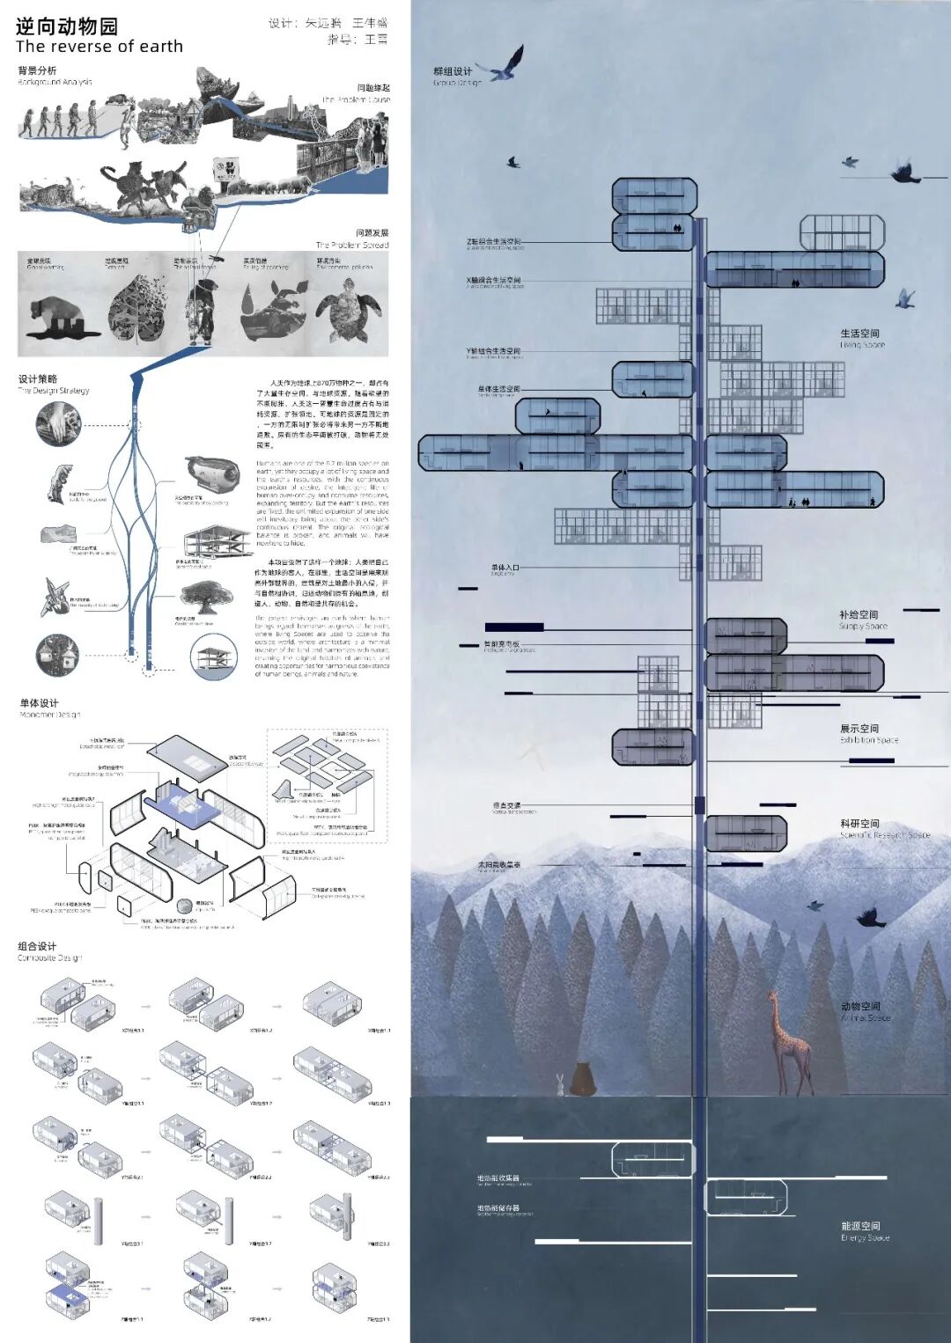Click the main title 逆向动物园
[67, 26]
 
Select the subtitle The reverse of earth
[100, 47]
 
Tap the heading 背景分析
[37, 70]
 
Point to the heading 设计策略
[38, 379]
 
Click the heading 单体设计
[40, 703]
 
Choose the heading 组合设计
[37, 946]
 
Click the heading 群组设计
[453, 71]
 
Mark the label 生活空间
[859, 334]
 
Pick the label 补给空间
[859, 614]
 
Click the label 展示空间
[859, 729]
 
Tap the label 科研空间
[859, 824]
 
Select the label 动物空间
[860, 1006]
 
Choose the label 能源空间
[860, 1226]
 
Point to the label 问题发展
[372, 233]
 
